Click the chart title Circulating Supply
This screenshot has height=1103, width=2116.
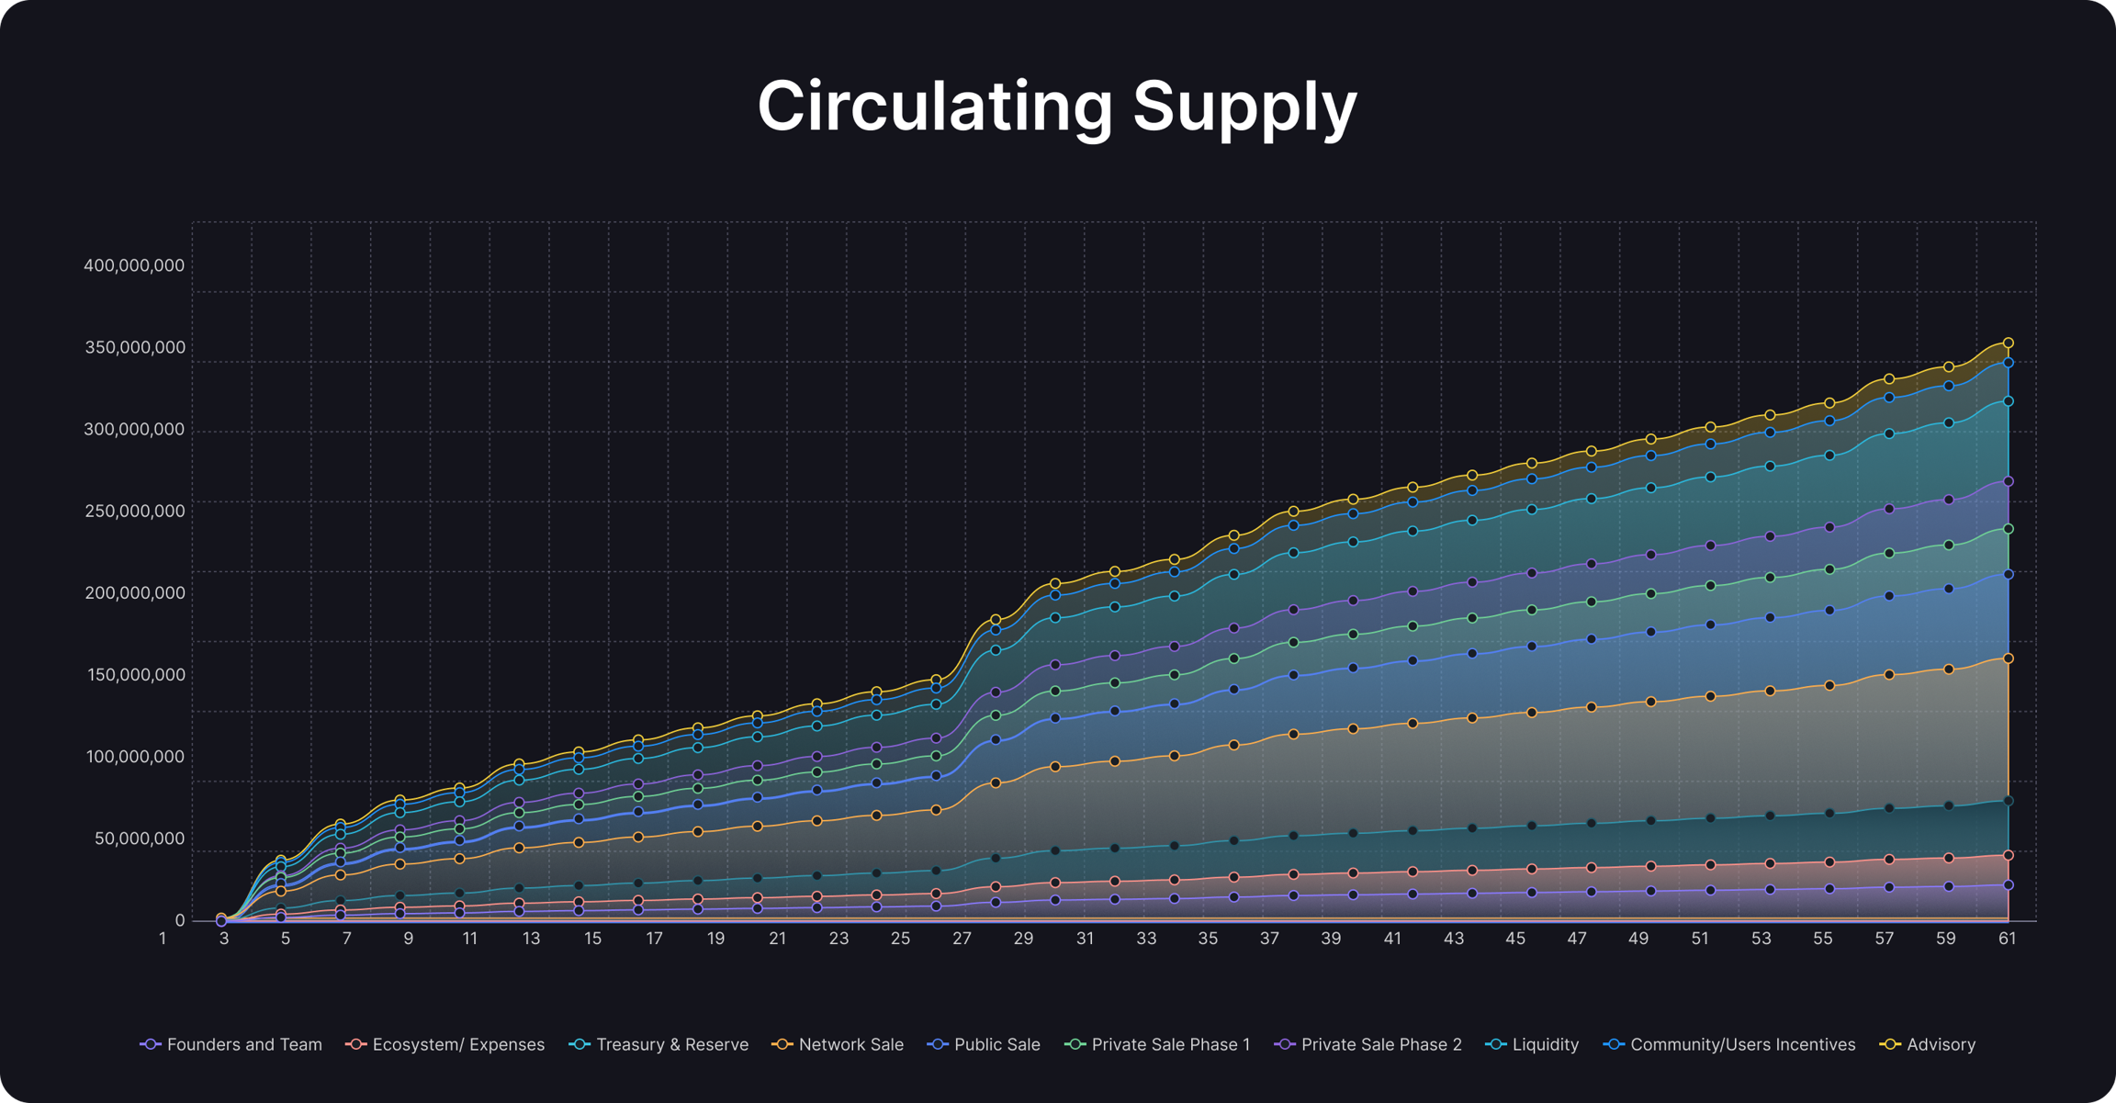[1057, 107]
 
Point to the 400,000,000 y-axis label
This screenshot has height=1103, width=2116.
[134, 266]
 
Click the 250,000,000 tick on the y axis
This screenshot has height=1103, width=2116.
[134, 512]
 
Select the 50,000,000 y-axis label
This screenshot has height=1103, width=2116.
[139, 839]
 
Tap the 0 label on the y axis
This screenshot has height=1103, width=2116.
[179, 920]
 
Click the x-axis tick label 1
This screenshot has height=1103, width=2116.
[163, 939]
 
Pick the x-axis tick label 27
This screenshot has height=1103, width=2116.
[962, 939]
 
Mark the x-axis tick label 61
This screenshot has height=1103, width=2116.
[2007, 939]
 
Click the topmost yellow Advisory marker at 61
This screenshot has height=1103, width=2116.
[2009, 343]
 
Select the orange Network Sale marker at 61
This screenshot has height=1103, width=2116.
[2009, 658]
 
